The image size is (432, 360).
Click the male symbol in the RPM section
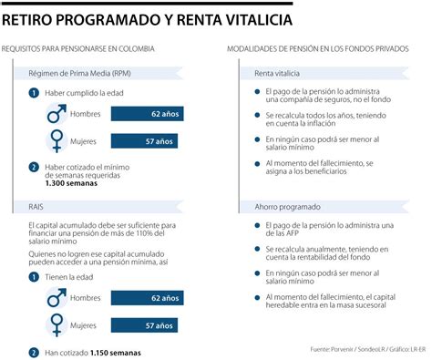coord(57,113)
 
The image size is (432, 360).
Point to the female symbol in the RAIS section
coord(57,324)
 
